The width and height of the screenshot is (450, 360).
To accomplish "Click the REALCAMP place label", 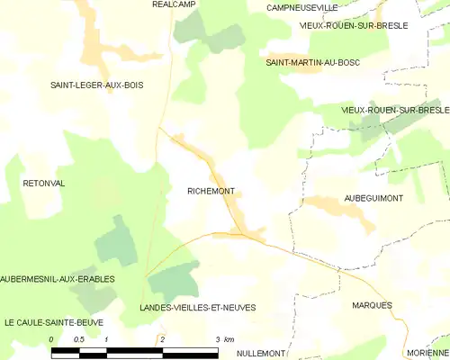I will [175, 4].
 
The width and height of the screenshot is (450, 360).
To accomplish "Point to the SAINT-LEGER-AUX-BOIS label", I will [96, 85].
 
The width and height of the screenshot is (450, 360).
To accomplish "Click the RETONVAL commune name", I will [44, 183].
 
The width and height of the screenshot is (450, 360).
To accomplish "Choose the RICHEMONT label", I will [211, 191].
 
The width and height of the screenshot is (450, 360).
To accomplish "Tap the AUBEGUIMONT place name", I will [373, 197].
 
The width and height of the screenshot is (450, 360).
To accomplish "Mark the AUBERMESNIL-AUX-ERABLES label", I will [52, 279].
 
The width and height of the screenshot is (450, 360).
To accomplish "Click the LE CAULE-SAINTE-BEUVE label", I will [53, 321].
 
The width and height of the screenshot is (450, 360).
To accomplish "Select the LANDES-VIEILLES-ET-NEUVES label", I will [198, 307].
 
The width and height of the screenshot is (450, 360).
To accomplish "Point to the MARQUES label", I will [373, 305].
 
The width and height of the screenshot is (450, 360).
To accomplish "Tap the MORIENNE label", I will [427, 353].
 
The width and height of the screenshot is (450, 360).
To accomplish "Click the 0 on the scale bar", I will [52, 339].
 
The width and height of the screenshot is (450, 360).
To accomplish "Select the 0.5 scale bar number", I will [79, 339].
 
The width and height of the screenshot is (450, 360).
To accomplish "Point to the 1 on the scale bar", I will [107, 339].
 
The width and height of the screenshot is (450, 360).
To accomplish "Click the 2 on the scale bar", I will [163, 339].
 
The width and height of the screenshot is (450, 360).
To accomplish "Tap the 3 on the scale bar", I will [218, 339].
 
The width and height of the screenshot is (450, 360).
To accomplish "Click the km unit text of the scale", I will [229, 339].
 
